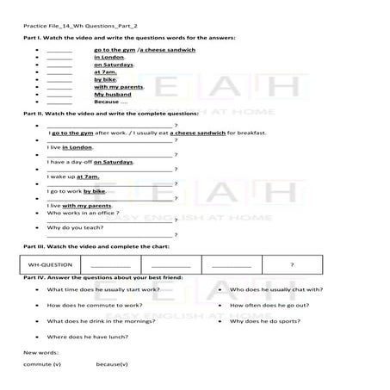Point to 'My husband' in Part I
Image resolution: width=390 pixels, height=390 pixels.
(x=112, y=95)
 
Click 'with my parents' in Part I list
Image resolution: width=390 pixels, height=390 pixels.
(x=118, y=87)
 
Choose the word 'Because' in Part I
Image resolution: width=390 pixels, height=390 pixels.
(x=106, y=102)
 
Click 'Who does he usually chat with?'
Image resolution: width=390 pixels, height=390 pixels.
(x=276, y=290)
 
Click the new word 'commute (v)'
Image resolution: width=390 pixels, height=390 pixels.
(x=42, y=365)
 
